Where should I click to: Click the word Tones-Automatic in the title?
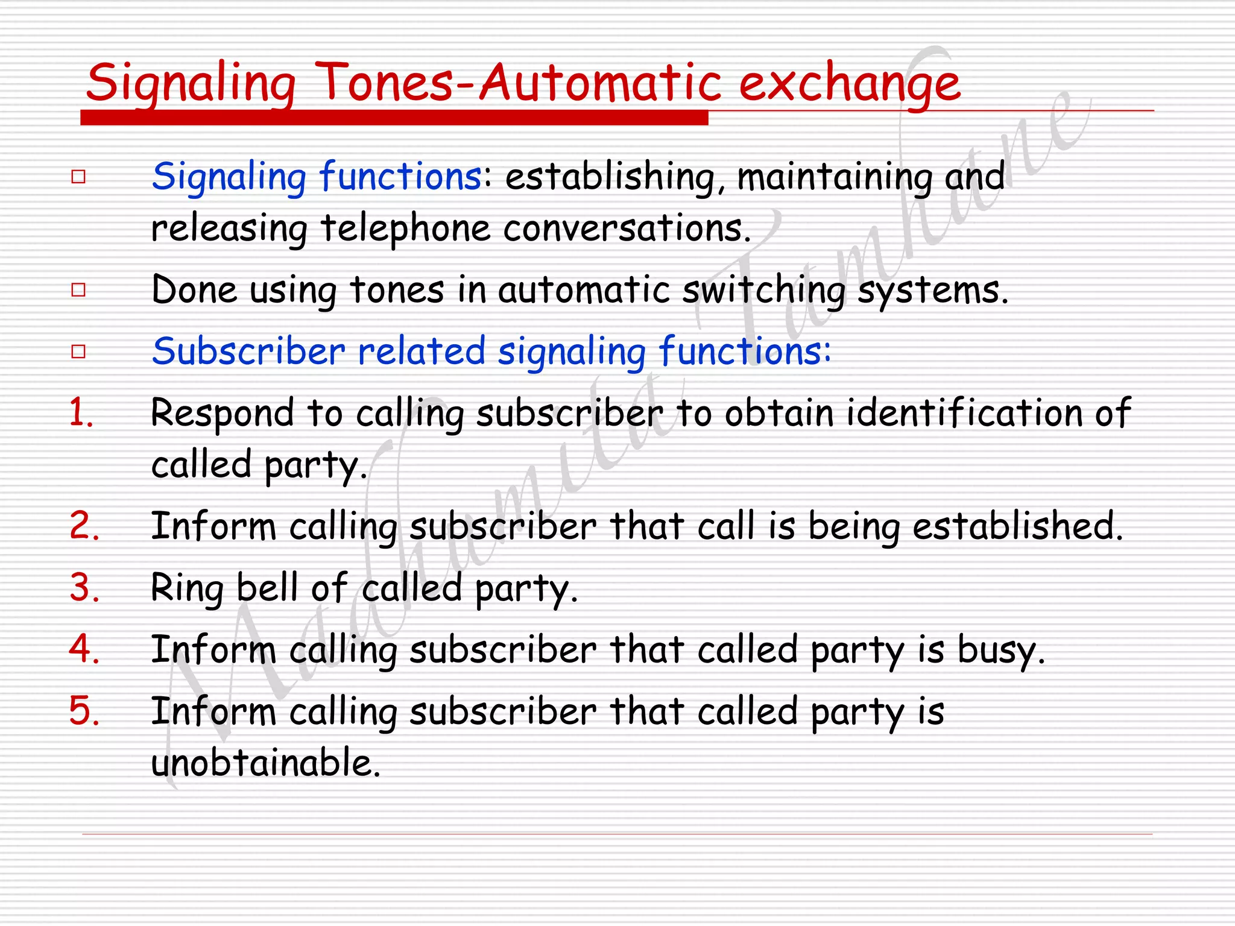tap(519, 83)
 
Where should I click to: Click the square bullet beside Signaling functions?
tap(78, 177)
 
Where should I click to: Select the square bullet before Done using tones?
tap(78, 290)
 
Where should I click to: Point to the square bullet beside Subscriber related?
tap(78, 351)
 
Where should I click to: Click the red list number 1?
tap(81, 414)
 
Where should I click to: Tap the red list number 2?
tap(84, 526)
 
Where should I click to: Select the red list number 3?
tap(84, 588)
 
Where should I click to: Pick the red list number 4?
tap(84, 649)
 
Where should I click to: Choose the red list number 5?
tap(84, 711)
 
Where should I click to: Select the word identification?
tap(964, 413)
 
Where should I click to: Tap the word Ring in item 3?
tap(186, 588)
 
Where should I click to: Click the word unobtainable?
tap(265, 763)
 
